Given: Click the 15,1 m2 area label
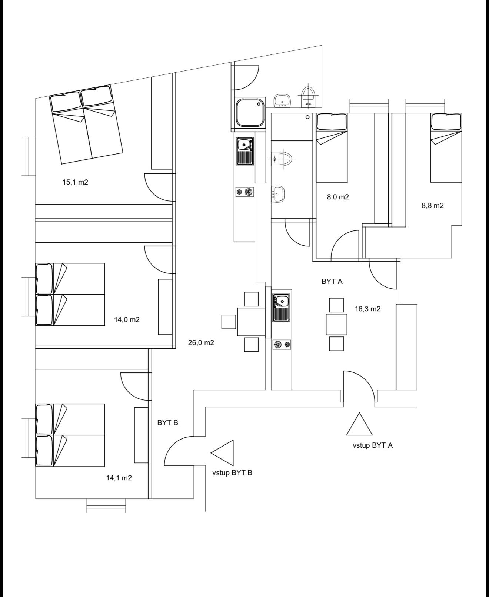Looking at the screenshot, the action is [75, 182].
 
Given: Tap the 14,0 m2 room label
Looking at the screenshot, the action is [127, 319].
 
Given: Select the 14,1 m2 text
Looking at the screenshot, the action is [119, 478].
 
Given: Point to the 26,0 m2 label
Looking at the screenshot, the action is [201, 342].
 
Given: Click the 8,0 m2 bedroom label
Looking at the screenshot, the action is [338, 197].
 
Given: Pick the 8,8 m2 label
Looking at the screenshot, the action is [433, 206].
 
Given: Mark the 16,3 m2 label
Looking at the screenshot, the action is [367, 309].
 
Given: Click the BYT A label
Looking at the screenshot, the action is [332, 281].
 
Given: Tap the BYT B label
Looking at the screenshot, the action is [167, 422].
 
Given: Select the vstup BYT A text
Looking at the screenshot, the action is [372, 445].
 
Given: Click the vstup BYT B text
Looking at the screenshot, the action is [232, 473].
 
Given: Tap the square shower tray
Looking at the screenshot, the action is [250, 113].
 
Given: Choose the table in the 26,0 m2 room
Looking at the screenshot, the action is [251, 322].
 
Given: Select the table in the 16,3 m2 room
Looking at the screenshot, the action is [336, 324].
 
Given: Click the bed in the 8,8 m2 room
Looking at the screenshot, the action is [446, 147].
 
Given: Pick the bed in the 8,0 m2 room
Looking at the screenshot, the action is [332, 147].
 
